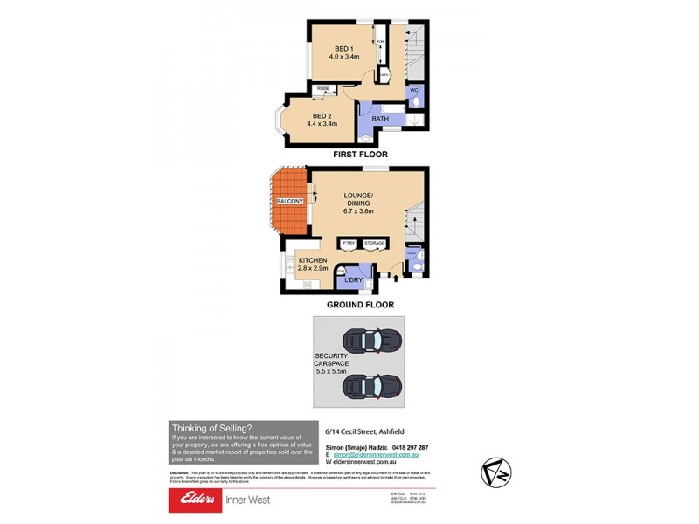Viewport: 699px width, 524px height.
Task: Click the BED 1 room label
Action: pos(344,49)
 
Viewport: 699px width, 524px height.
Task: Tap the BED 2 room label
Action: pos(322,116)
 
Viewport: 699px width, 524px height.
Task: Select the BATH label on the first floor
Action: pos(380,119)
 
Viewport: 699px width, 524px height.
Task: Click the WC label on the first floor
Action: pos(414,89)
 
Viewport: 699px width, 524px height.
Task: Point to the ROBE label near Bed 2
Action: pos(323,89)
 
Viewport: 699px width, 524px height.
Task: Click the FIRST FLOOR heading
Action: pos(360,155)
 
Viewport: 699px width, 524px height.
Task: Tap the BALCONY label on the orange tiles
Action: pos(289,202)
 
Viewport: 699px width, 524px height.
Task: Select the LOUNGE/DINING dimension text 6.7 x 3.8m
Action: pos(356,210)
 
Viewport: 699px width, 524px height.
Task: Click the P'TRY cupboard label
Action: pos(348,243)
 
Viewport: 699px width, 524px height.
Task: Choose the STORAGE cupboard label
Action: pos(375,243)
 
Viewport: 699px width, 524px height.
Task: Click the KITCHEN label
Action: pos(313,260)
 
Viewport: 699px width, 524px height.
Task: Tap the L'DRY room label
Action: pos(353,279)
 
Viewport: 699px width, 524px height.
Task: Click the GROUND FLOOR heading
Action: pos(360,305)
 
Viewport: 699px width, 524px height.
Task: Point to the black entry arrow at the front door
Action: pos(394,278)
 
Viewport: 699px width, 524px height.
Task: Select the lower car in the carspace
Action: pos(371,384)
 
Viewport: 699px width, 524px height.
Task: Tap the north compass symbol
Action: pos(495,472)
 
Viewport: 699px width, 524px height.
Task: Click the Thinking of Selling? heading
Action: pos(211,428)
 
